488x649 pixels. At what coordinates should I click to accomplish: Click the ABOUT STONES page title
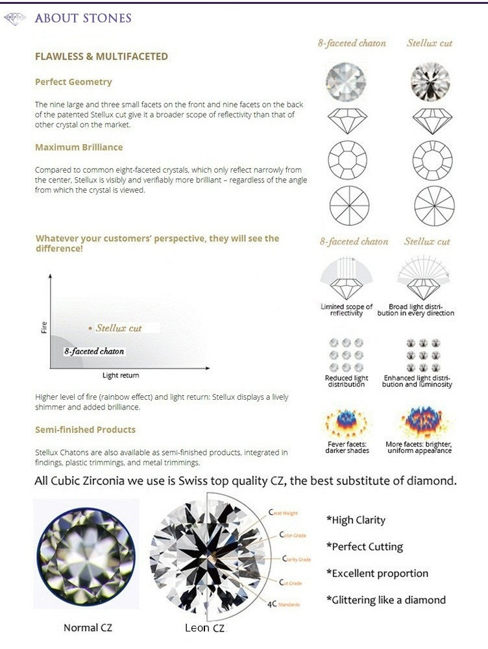(x=82, y=18)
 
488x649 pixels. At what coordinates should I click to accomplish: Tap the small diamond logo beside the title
(x=14, y=19)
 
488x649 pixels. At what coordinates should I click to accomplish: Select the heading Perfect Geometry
(x=73, y=82)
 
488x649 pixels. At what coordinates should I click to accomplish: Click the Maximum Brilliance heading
(x=79, y=147)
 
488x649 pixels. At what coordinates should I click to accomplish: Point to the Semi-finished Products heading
(x=85, y=430)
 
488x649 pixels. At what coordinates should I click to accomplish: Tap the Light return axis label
(x=121, y=375)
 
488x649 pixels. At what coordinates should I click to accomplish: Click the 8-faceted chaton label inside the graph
(x=93, y=351)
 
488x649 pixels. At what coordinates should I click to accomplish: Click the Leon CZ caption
(x=205, y=628)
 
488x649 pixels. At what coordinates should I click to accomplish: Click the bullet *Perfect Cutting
(x=364, y=546)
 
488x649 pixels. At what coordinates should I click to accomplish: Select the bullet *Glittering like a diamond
(x=385, y=600)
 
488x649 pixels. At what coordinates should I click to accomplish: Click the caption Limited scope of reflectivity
(x=347, y=310)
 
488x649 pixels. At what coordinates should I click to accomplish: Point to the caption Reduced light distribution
(x=346, y=381)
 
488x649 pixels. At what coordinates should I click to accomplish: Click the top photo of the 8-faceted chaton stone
(x=345, y=82)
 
